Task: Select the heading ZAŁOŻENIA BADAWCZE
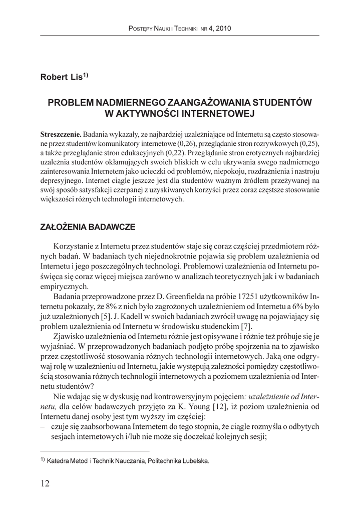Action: coord(87,227)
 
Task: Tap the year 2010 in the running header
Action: coord(222,29)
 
